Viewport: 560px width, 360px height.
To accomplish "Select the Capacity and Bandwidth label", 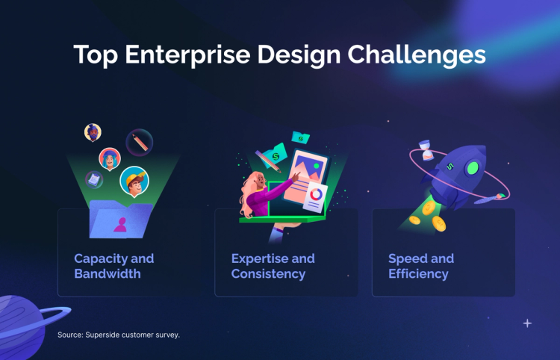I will pyautogui.click(x=113, y=266).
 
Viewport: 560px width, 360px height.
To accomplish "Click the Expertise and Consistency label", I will pyautogui.click(x=273, y=266).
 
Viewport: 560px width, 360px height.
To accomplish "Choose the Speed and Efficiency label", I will pyautogui.click(x=421, y=266).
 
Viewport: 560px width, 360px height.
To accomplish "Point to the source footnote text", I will pyautogui.click(x=119, y=335).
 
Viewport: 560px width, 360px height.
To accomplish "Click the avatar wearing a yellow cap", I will pyautogui.click(x=134, y=181).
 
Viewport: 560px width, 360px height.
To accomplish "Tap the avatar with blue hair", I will pyautogui.click(x=110, y=158).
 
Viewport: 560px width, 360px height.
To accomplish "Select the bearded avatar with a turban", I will pyautogui.click(x=93, y=133).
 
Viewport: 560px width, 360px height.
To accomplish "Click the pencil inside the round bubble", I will pyautogui.click(x=139, y=142).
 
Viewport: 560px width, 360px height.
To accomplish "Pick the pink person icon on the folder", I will pyautogui.click(x=119, y=223).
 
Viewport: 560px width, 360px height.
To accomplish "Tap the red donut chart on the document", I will pyautogui.click(x=316, y=194).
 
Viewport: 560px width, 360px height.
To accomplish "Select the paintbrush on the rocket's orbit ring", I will pyautogui.click(x=496, y=196).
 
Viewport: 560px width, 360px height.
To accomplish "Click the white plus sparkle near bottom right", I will pyautogui.click(x=527, y=323).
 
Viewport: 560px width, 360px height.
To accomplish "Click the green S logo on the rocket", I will pyautogui.click(x=450, y=167).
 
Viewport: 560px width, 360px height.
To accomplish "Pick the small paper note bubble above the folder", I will pyautogui.click(x=94, y=178).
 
